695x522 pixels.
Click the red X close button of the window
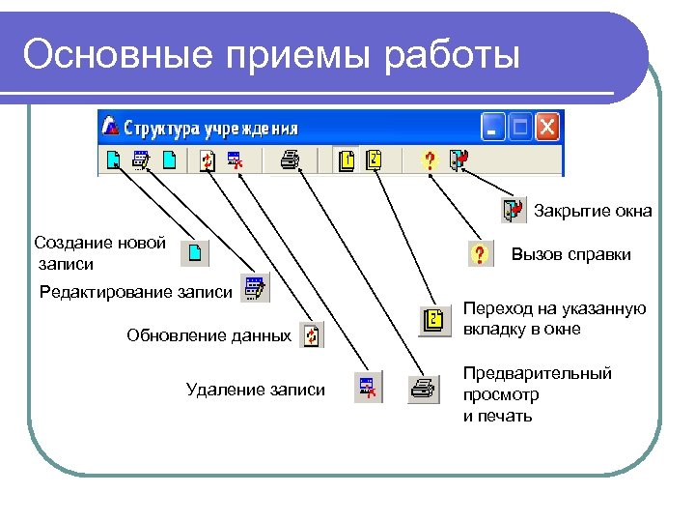[547, 127]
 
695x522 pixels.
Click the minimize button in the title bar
[493, 127]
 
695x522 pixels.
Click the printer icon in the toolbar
[289, 159]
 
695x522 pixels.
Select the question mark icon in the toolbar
[431, 159]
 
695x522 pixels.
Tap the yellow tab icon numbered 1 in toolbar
[347, 159]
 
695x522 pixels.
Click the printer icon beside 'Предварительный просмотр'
[423, 389]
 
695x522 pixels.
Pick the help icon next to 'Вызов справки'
[478, 254]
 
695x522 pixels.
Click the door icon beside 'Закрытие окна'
[513, 210]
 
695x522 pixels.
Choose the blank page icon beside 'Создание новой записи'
[196, 253]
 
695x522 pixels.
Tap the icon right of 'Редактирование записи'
[255, 288]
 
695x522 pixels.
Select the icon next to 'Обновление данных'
[311, 335]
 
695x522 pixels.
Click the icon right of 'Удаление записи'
[369, 389]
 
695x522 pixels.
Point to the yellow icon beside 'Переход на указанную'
[434, 319]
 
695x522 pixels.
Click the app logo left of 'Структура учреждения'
[111, 127]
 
